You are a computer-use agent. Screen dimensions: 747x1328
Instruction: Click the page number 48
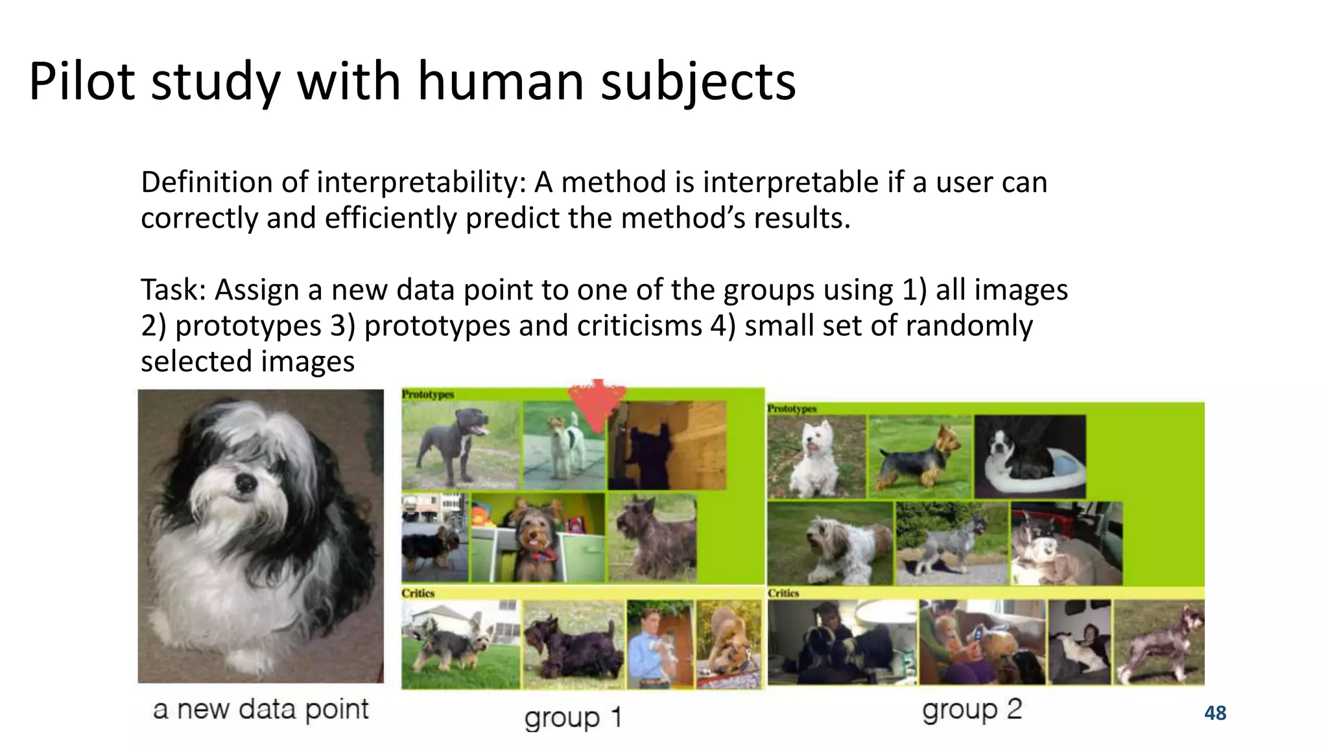1215,713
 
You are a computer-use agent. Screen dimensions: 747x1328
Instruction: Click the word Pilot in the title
81,82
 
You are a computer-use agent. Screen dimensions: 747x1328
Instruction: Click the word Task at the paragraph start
170,290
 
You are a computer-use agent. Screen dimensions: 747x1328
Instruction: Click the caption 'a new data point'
261,709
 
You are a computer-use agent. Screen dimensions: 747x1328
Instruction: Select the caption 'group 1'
573,717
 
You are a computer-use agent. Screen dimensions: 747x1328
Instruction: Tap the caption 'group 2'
971,709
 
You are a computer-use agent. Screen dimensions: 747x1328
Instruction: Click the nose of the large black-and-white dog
246,482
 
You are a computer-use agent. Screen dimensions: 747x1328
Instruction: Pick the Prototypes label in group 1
427,394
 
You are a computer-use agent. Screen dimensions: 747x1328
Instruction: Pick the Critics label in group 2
783,593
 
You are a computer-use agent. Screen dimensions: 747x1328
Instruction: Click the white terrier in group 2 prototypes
814,458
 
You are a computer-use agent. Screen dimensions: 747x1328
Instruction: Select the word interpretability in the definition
420,182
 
